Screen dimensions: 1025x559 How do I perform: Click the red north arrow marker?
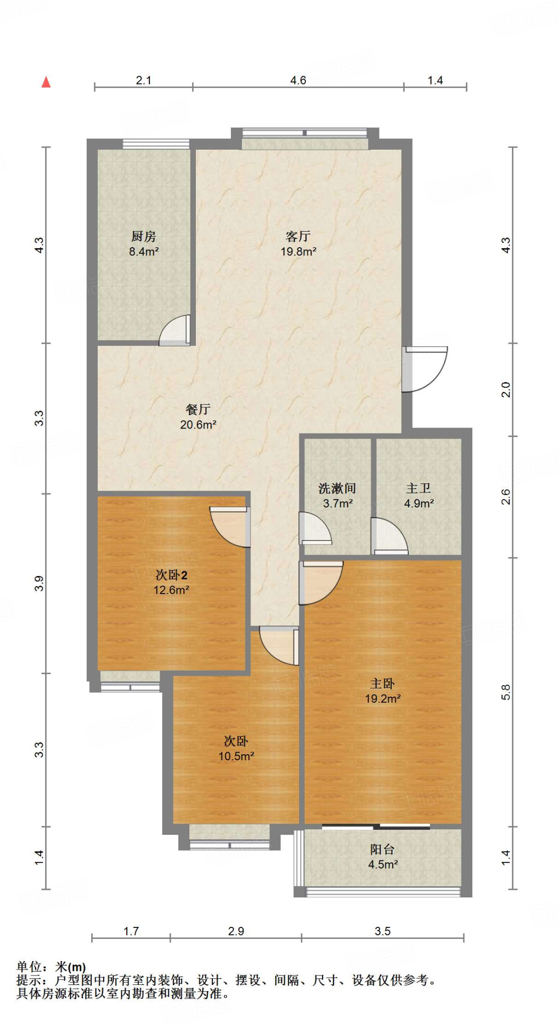click(x=46, y=82)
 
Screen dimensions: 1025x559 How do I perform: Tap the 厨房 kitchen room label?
click(x=144, y=236)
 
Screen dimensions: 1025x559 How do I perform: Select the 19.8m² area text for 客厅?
click(x=298, y=252)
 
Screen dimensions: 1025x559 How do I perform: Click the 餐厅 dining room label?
click(x=198, y=409)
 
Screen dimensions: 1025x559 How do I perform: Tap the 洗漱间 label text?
click(x=337, y=488)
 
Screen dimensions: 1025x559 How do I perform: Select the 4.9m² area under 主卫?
click(x=419, y=503)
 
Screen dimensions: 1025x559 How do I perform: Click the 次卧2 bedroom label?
click(x=171, y=575)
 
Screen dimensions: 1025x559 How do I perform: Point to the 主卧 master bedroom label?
click(x=382, y=684)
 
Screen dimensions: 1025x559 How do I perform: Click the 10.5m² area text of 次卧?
click(x=236, y=756)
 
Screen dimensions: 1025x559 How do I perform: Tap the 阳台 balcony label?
click(x=382, y=849)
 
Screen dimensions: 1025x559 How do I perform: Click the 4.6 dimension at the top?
click(x=298, y=80)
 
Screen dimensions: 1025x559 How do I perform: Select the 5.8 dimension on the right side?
click(x=506, y=692)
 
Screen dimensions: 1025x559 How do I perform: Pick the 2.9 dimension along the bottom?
click(x=236, y=931)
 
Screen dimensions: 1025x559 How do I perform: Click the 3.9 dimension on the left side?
click(x=39, y=584)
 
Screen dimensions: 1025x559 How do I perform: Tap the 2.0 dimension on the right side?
click(x=506, y=389)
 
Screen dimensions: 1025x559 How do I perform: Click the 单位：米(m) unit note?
click(x=51, y=967)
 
